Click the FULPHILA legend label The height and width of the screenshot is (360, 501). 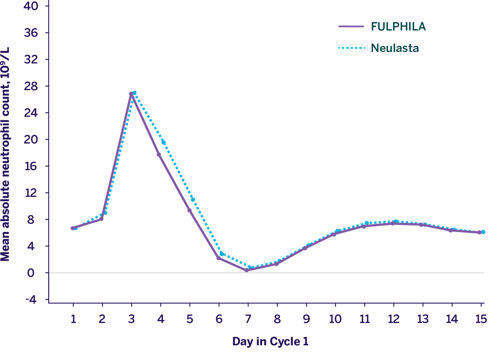[x=398, y=27]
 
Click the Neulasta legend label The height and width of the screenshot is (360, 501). [x=395, y=48]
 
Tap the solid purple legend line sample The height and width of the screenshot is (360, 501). [x=351, y=27]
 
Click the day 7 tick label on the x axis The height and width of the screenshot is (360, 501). [x=248, y=319]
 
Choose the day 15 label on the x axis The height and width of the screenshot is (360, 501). [x=481, y=319]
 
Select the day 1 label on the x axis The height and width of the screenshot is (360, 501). [x=73, y=319]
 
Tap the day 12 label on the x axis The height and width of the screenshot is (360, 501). [x=394, y=319]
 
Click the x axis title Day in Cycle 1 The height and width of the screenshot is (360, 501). [x=270, y=341]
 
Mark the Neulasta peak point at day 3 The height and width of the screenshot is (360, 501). [x=134, y=93]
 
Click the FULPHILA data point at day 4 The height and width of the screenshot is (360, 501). [x=159, y=154]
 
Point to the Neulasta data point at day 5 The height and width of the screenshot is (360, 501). [x=193, y=200]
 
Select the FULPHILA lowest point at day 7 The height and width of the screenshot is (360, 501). [x=247, y=270]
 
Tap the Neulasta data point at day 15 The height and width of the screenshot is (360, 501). [x=483, y=232]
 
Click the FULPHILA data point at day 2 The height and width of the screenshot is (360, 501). [x=101, y=219]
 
